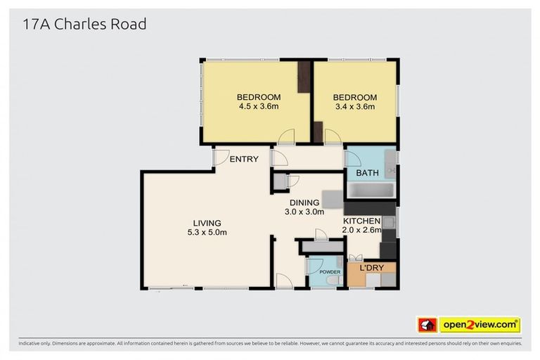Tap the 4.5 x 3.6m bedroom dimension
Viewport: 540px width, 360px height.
tap(258, 107)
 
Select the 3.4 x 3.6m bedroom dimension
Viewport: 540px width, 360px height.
tap(354, 107)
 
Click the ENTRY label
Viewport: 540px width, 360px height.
tap(244, 160)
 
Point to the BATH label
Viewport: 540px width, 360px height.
tap(367, 173)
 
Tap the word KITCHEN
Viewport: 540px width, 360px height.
tap(361, 221)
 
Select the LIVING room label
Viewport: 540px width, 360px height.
tap(207, 223)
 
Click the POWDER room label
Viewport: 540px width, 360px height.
tap(330, 272)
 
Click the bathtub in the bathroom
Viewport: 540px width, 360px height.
tap(371, 191)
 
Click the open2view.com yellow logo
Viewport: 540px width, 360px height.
tap(480, 325)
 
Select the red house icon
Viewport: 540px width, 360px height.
tap(427, 325)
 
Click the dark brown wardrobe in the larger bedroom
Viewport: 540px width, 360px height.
tap(304, 77)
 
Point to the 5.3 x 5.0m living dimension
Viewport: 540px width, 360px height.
tap(207, 232)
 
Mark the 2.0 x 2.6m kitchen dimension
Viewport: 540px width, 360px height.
tap(361, 230)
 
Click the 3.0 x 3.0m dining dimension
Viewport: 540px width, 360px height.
tap(304, 211)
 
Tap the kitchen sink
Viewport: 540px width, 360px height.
tap(388, 224)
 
